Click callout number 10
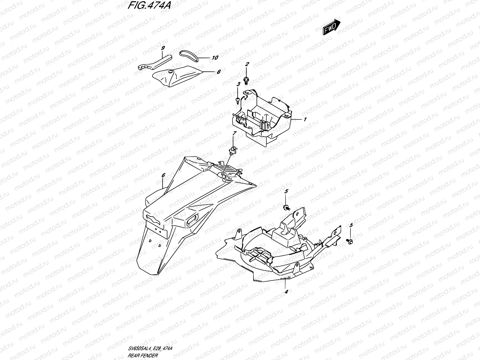215,58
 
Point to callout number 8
218,72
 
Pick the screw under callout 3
238,99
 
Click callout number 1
305,119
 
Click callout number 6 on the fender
163,175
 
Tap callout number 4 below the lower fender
286,291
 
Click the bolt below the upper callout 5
286,207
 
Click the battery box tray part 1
264,117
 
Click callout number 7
235,133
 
